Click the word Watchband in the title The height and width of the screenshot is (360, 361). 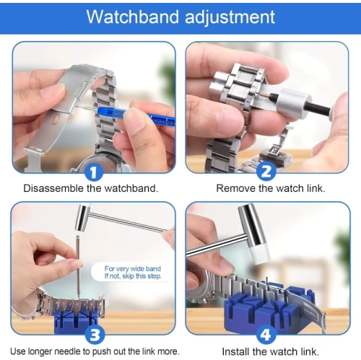tap(128, 17)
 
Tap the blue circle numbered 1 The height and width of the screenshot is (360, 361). tap(92, 172)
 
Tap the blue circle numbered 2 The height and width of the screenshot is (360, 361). tap(266, 172)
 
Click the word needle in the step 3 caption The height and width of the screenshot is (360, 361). tap(72, 351)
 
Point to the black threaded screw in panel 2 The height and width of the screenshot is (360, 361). tap(338, 113)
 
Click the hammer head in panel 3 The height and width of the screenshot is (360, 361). tap(83, 214)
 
